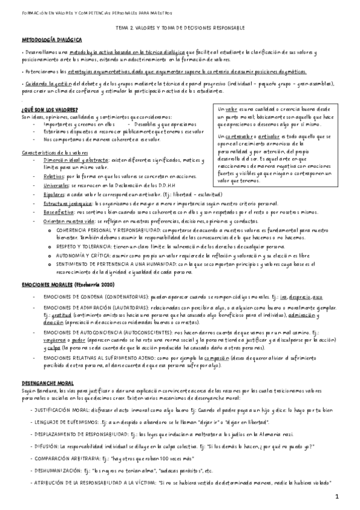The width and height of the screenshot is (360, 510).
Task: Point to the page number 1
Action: tap(338, 496)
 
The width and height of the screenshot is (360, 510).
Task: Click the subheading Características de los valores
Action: tap(55, 153)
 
